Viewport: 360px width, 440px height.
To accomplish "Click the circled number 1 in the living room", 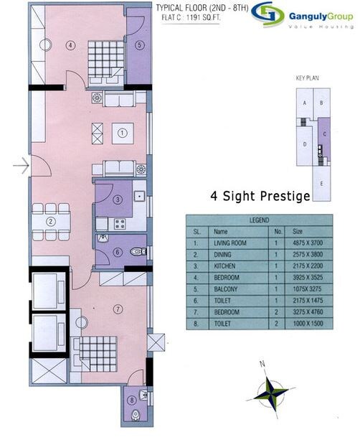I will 123,132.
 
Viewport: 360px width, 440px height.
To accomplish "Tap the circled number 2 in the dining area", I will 51,222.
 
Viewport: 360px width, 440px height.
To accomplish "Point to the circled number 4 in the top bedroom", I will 70,45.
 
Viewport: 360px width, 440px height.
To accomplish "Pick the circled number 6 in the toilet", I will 117,252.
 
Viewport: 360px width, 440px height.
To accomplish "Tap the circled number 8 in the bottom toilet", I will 132,401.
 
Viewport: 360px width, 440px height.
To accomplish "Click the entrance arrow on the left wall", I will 21,167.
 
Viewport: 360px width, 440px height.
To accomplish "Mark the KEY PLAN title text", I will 307,76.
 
